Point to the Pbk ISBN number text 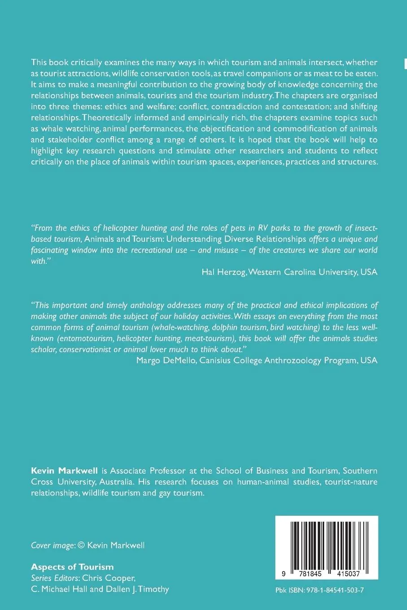coord(319,590)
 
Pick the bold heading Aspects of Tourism coord(72,567)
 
